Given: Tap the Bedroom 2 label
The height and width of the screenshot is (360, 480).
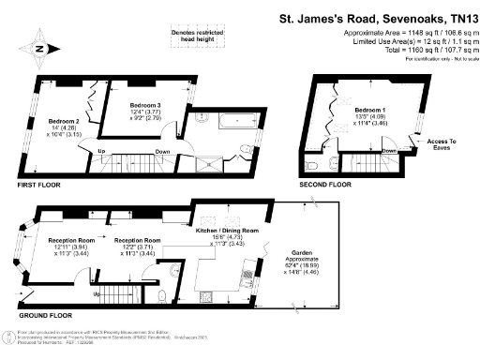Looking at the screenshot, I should (63, 121).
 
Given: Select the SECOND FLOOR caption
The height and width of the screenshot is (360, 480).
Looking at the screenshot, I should (325, 185).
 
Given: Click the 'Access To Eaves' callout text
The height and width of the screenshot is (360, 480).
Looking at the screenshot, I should (441, 143).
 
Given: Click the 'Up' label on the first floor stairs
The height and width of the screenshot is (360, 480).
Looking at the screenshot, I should (99, 151).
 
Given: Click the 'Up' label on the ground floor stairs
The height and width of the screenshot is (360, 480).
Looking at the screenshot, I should (97, 293).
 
